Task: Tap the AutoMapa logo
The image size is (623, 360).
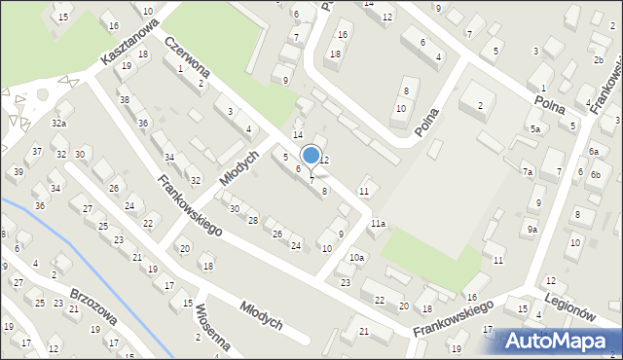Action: [557, 342]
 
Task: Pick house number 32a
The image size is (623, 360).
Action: [59, 124]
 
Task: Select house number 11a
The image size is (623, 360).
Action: [377, 224]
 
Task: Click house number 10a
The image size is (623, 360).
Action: [357, 257]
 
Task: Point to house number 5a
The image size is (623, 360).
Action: [534, 128]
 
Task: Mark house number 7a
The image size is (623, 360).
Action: [528, 172]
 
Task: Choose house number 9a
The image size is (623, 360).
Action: [532, 229]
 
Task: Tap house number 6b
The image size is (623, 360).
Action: [595, 173]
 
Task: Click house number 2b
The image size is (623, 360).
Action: [598, 60]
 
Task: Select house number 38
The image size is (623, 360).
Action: [124, 100]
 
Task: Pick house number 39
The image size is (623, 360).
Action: [18, 172]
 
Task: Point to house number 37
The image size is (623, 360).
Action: [37, 151]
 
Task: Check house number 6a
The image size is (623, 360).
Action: [594, 152]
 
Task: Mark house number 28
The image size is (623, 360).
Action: [253, 221]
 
